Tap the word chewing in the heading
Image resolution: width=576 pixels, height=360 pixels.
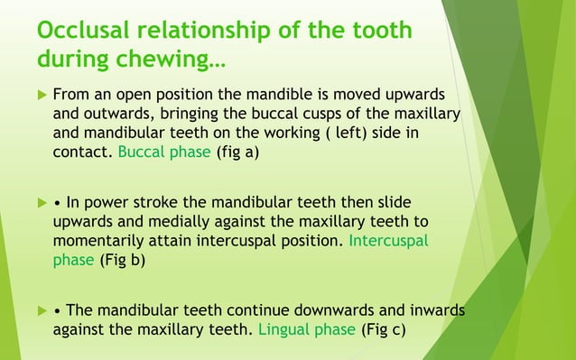point(180,61)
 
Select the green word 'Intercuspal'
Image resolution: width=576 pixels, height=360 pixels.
point(388,242)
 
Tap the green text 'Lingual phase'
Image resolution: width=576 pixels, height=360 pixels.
point(307,330)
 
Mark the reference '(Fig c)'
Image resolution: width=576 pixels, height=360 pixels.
point(383,330)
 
